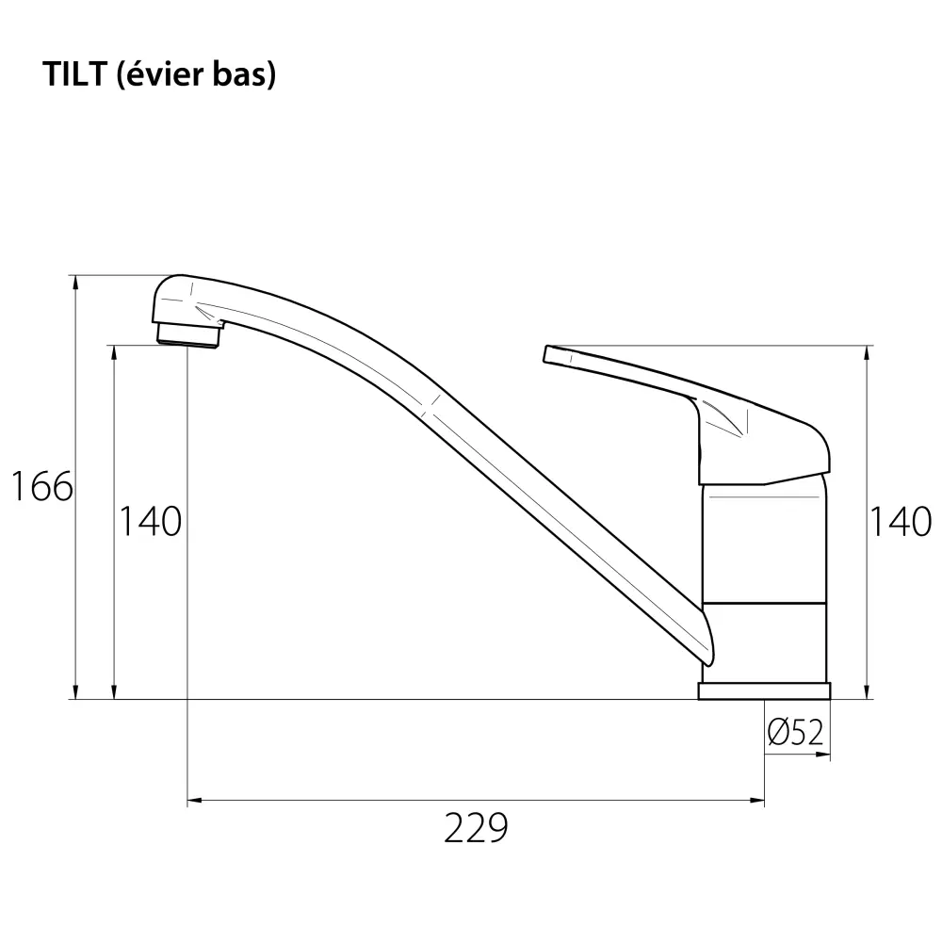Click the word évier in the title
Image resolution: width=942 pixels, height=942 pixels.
[160, 74]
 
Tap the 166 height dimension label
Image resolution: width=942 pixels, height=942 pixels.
[42, 486]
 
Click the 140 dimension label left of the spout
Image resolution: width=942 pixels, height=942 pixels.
[150, 521]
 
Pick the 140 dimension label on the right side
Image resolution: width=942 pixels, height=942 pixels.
[900, 521]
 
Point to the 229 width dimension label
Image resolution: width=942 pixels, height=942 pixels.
[476, 828]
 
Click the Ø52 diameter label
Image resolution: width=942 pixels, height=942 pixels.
[795, 732]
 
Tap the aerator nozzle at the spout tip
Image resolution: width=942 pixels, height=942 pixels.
[188, 335]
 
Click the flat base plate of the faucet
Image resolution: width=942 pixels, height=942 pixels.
[764, 690]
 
